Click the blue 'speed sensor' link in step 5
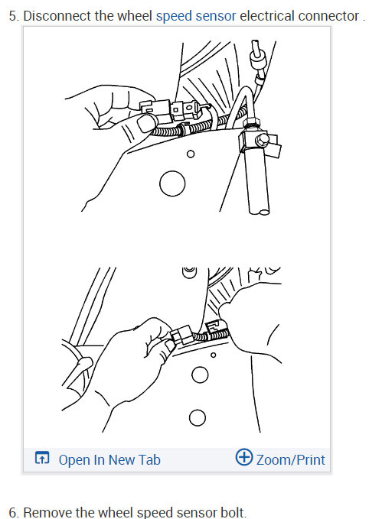[x=195, y=15]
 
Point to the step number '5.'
[x=13, y=15]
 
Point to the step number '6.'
[x=13, y=512]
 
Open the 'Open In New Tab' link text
[x=109, y=459]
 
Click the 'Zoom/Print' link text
[x=290, y=459]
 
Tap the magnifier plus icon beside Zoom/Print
[x=243, y=458]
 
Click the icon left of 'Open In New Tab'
[x=43, y=459]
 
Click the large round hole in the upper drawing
[x=173, y=183]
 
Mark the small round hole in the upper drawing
[x=191, y=154]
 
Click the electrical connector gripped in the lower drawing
[x=183, y=336]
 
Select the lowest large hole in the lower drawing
[x=198, y=417]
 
